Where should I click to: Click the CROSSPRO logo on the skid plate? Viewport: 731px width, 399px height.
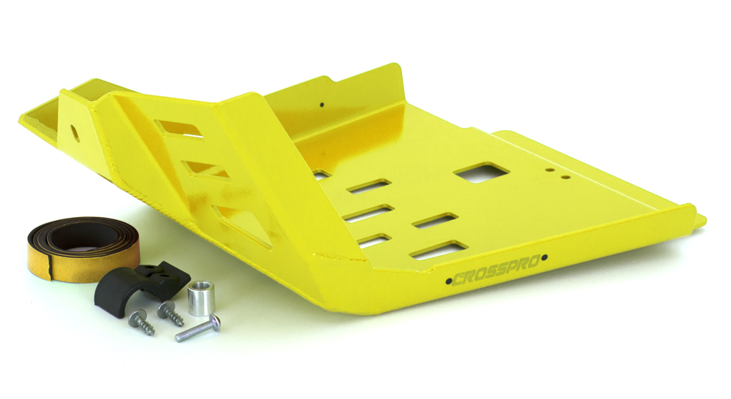496,270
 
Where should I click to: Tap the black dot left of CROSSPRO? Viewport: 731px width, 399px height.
449,281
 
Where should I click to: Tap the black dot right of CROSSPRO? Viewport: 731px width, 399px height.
545,257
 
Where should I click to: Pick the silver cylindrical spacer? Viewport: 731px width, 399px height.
201,298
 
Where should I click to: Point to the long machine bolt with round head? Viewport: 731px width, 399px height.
197,329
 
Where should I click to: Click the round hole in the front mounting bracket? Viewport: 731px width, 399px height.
74,133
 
